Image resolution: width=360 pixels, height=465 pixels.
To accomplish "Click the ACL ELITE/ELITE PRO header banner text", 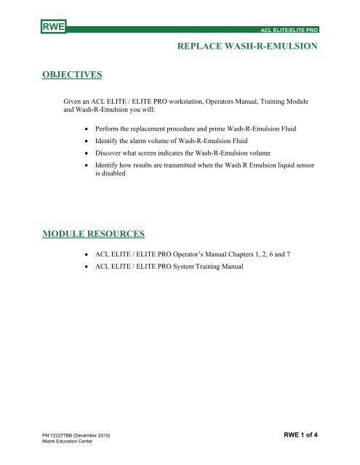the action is pyautogui.click(x=293, y=32).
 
